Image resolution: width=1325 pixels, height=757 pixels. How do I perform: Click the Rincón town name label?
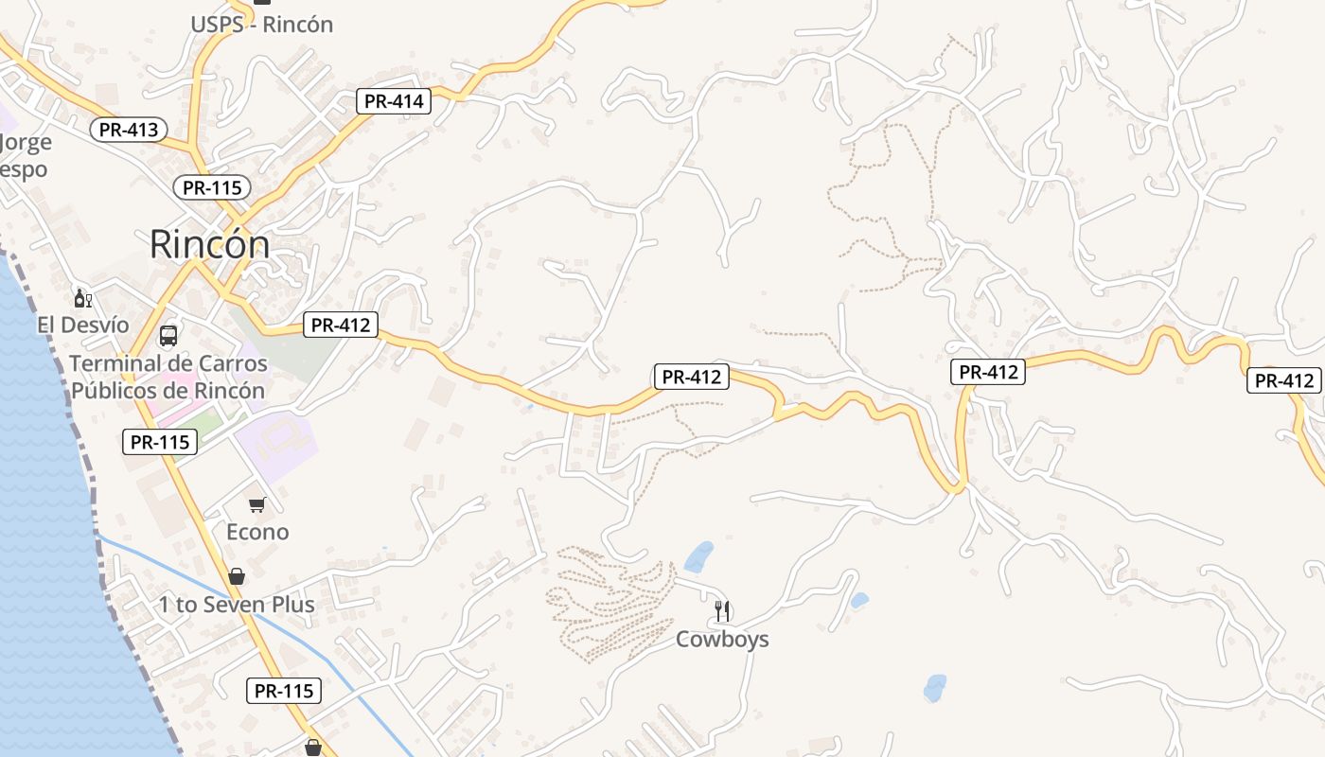pyautogui.click(x=209, y=245)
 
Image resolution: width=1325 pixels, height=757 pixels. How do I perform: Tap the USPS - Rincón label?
pyautogui.click(x=262, y=25)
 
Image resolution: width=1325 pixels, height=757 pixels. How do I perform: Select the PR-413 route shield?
pyautogui.click(x=129, y=130)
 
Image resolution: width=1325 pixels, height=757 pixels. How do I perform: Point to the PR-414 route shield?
pyautogui.click(x=394, y=101)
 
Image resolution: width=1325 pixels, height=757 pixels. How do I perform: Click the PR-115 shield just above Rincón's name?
pyautogui.click(x=212, y=187)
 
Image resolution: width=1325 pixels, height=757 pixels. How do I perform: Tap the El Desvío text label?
pyautogui.click(x=83, y=325)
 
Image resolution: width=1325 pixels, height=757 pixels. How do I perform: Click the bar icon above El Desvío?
pyautogui.click(x=83, y=299)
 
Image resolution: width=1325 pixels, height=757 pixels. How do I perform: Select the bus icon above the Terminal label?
pyautogui.click(x=168, y=336)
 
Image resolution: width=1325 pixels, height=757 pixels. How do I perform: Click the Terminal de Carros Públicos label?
pyautogui.click(x=168, y=377)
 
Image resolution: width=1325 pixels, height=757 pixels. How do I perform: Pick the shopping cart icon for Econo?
pyautogui.click(x=256, y=505)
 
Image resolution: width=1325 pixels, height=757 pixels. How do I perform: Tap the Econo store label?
pyautogui.click(x=257, y=532)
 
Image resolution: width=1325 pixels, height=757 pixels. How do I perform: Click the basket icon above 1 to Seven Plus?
pyautogui.click(x=237, y=576)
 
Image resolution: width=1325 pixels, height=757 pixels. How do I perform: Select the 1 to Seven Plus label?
pyautogui.click(x=237, y=604)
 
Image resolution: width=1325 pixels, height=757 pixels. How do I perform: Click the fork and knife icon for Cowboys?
pyautogui.click(x=722, y=611)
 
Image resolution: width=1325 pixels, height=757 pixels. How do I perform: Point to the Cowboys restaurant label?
pyautogui.click(x=722, y=640)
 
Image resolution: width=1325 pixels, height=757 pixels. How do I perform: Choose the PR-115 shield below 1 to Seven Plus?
pyautogui.click(x=284, y=691)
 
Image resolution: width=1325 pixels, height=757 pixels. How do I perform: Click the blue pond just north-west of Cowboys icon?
pyautogui.click(x=699, y=556)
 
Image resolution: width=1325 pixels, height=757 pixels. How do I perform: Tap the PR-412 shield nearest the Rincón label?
pyautogui.click(x=341, y=326)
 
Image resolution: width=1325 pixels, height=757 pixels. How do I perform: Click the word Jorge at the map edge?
pyautogui.click(x=26, y=143)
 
